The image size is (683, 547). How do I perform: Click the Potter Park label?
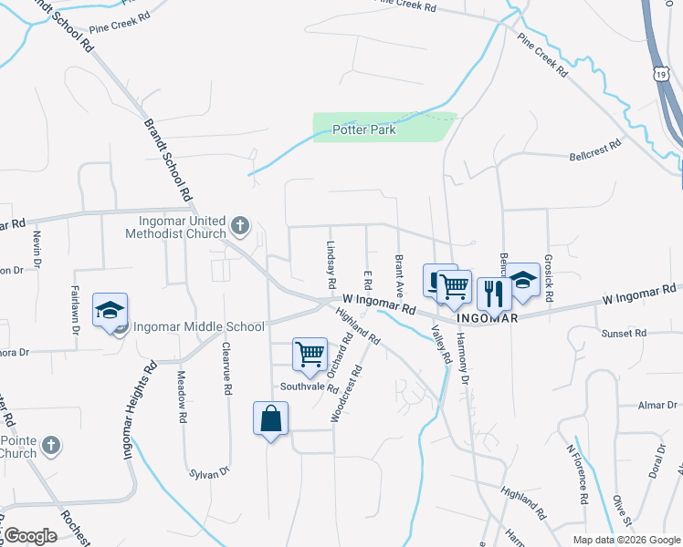tap(363, 130)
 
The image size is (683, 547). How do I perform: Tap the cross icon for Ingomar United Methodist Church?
tap(239, 224)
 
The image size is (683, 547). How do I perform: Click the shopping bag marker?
tap(271, 419)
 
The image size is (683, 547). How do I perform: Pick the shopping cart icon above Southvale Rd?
tap(310, 353)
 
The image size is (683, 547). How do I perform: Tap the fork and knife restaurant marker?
tap(494, 293)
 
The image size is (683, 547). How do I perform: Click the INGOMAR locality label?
tap(488, 318)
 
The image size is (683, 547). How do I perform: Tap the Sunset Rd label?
tap(624, 334)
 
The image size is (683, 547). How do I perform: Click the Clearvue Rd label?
tap(226, 369)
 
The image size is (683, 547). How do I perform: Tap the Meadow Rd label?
tap(182, 399)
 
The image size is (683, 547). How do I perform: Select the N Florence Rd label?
tap(575, 474)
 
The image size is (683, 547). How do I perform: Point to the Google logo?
tap(30, 536)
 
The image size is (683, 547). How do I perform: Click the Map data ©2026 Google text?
tap(626, 540)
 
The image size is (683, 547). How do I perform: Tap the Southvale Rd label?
tap(310, 386)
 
